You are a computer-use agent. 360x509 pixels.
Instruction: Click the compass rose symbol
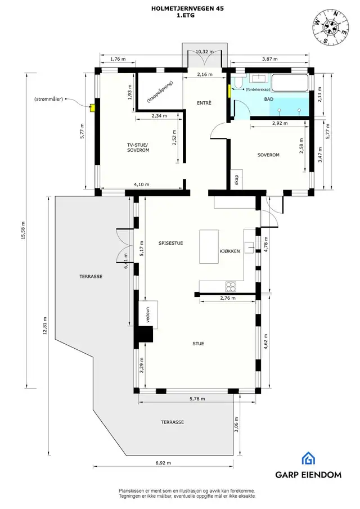tap(331, 26)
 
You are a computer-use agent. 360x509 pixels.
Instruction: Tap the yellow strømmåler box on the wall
tap(92, 107)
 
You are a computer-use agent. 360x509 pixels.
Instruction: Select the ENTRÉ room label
tap(204, 103)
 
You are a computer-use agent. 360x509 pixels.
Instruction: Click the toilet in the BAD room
tap(238, 83)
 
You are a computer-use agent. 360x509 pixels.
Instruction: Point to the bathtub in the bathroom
tap(289, 83)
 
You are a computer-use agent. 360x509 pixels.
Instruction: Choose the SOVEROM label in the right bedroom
tap(268, 155)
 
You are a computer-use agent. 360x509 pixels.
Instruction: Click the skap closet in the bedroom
tap(237, 179)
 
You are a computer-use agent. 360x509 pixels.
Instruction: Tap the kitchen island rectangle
tap(209, 247)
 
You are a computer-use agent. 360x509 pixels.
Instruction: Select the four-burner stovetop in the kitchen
tap(231, 286)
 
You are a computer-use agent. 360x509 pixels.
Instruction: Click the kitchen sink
tap(249, 247)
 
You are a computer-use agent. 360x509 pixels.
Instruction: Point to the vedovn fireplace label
tap(148, 314)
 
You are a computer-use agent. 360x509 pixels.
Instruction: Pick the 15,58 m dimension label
tap(23, 231)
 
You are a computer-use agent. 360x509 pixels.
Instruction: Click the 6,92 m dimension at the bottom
tap(163, 463)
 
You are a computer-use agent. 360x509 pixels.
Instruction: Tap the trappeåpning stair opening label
tap(160, 92)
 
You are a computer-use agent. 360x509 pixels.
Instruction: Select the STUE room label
tap(199, 344)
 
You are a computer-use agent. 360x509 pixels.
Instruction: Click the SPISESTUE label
tap(171, 243)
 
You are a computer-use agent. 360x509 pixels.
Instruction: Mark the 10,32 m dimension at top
tap(205, 52)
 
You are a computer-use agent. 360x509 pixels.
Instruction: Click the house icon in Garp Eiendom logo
tap(308, 458)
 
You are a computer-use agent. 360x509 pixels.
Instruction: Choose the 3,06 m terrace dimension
tap(236, 425)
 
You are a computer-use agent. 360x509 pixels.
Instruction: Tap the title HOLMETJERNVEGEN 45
tap(187, 9)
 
